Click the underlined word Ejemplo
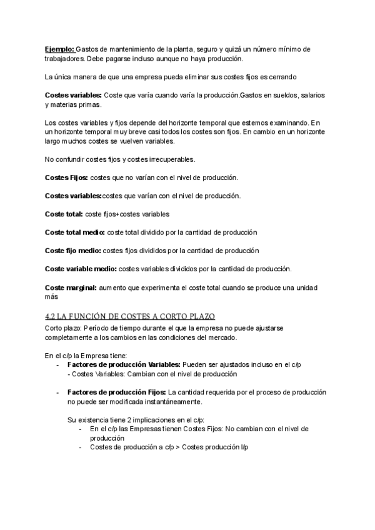[59, 49]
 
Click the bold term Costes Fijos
[66, 177]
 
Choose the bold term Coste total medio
[75, 232]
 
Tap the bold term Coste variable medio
[81, 268]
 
